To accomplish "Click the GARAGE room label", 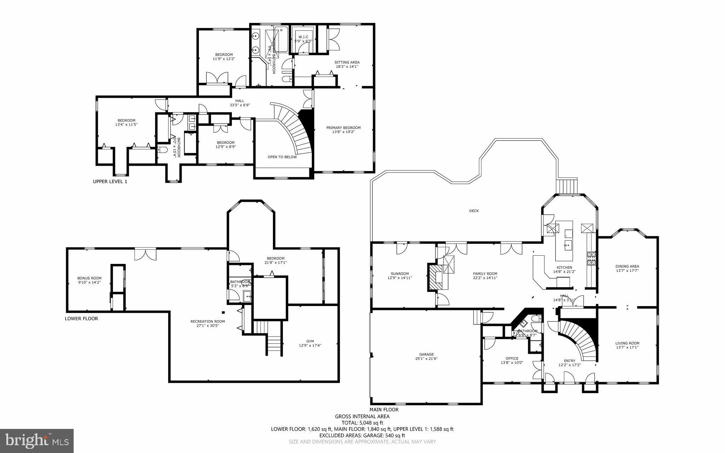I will [426, 354].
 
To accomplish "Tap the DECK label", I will [474, 211].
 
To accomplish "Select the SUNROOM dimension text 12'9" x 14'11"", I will [400, 278].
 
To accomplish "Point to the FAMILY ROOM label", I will [485, 273].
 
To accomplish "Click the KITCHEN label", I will [564, 267].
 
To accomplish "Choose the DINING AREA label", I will [627, 266].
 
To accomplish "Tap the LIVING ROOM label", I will [627, 343].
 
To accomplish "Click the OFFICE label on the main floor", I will [512, 358].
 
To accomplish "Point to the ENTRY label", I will [570, 361].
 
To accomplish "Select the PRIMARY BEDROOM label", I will [343, 128].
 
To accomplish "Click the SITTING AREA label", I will [347, 62].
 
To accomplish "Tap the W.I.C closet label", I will [303, 37].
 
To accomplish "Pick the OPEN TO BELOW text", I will [282, 157].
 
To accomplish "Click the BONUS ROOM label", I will [89, 278].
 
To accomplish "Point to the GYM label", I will [310, 341].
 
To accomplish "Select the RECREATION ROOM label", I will [207, 321].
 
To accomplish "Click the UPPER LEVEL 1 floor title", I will [110, 181].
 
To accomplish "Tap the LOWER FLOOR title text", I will [81, 318].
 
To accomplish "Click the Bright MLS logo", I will [37, 441].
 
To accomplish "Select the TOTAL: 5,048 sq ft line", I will [362, 423].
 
